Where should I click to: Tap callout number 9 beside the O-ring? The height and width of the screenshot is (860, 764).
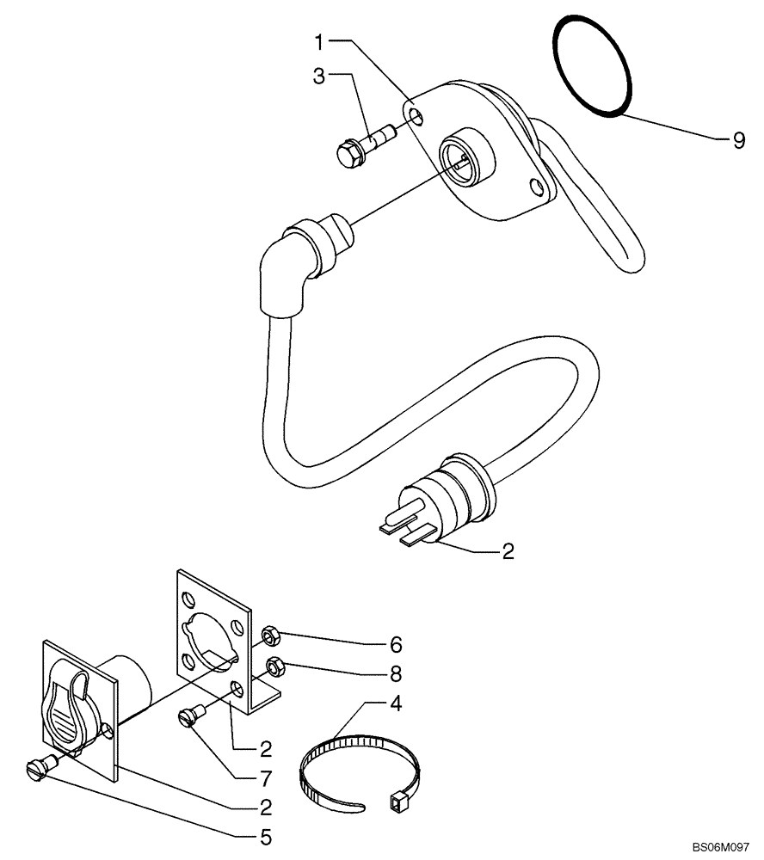[x=738, y=140]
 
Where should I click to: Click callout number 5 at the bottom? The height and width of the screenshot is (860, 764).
[x=266, y=835]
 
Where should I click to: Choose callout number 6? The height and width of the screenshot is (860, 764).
[x=395, y=643]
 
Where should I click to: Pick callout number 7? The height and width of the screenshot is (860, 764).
[x=266, y=778]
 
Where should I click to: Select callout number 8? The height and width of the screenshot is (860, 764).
[x=395, y=672]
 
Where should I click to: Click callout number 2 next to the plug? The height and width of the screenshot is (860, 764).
[x=508, y=551]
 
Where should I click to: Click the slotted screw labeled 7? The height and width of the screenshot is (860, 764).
[x=192, y=713]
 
